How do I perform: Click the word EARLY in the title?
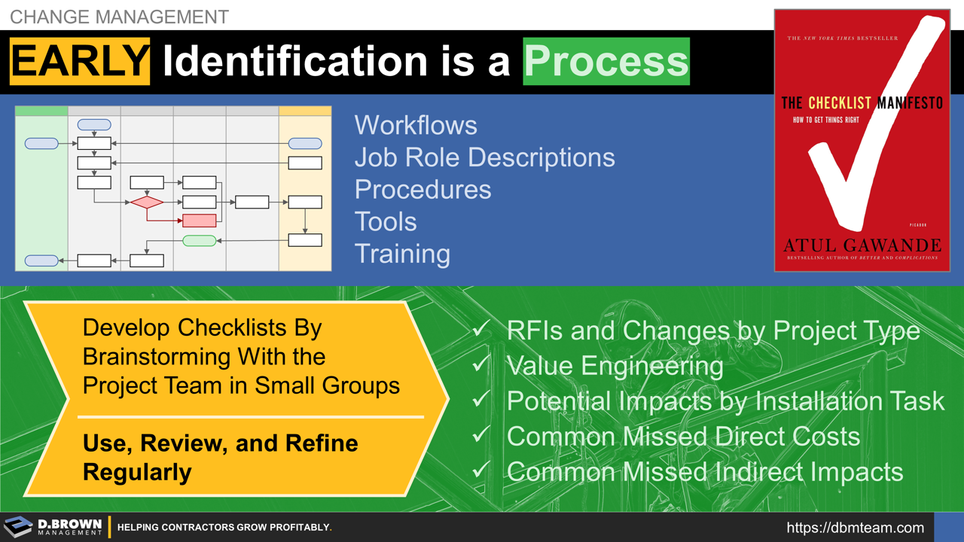[x=80, y=62]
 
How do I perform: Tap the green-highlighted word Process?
[x=606, y=62]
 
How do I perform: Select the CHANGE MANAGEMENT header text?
[x=119, y=17]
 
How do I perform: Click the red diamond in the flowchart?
[x=147, y=202]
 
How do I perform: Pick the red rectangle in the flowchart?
[x=200, y=221]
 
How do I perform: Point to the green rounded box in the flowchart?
[x=200, y=241]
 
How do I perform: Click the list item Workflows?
[x=416, y=125]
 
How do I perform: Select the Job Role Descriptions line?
[x=484, y=157]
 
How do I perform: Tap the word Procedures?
[x=423, y=190]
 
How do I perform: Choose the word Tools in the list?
[x=386, y=222]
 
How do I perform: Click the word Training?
[x=402, y=254]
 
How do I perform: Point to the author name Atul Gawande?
[x=862, y=245]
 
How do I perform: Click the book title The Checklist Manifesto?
[x=862, y=103]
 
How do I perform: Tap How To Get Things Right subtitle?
[x=825, y=120]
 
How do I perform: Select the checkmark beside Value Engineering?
[x=481, y=365]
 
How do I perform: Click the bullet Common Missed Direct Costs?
[x=683, y=437]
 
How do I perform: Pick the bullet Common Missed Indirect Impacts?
[x=704, y=472]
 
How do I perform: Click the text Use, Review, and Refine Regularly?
[x=220, y=457]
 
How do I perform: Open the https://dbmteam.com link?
[x=855, y=528]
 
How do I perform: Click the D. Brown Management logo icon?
[x=18, y=527]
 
